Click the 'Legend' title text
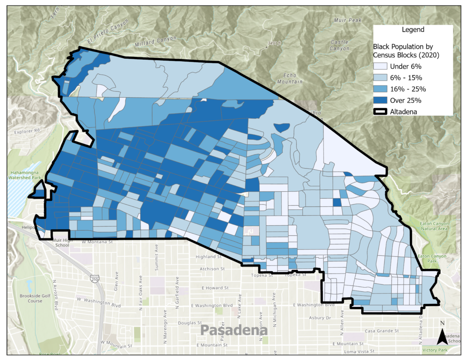point(413,30)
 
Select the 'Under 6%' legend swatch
point(381,66)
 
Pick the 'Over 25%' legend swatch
point(381,100)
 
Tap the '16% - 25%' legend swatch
point(381,89)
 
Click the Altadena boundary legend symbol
point(381,111)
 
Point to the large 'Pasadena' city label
point(234,330)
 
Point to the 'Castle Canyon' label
point(339,45)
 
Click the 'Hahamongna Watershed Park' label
point(25,175)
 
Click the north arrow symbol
point(442,334)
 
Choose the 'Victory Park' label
point(435,350)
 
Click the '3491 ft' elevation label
point(275,43)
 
